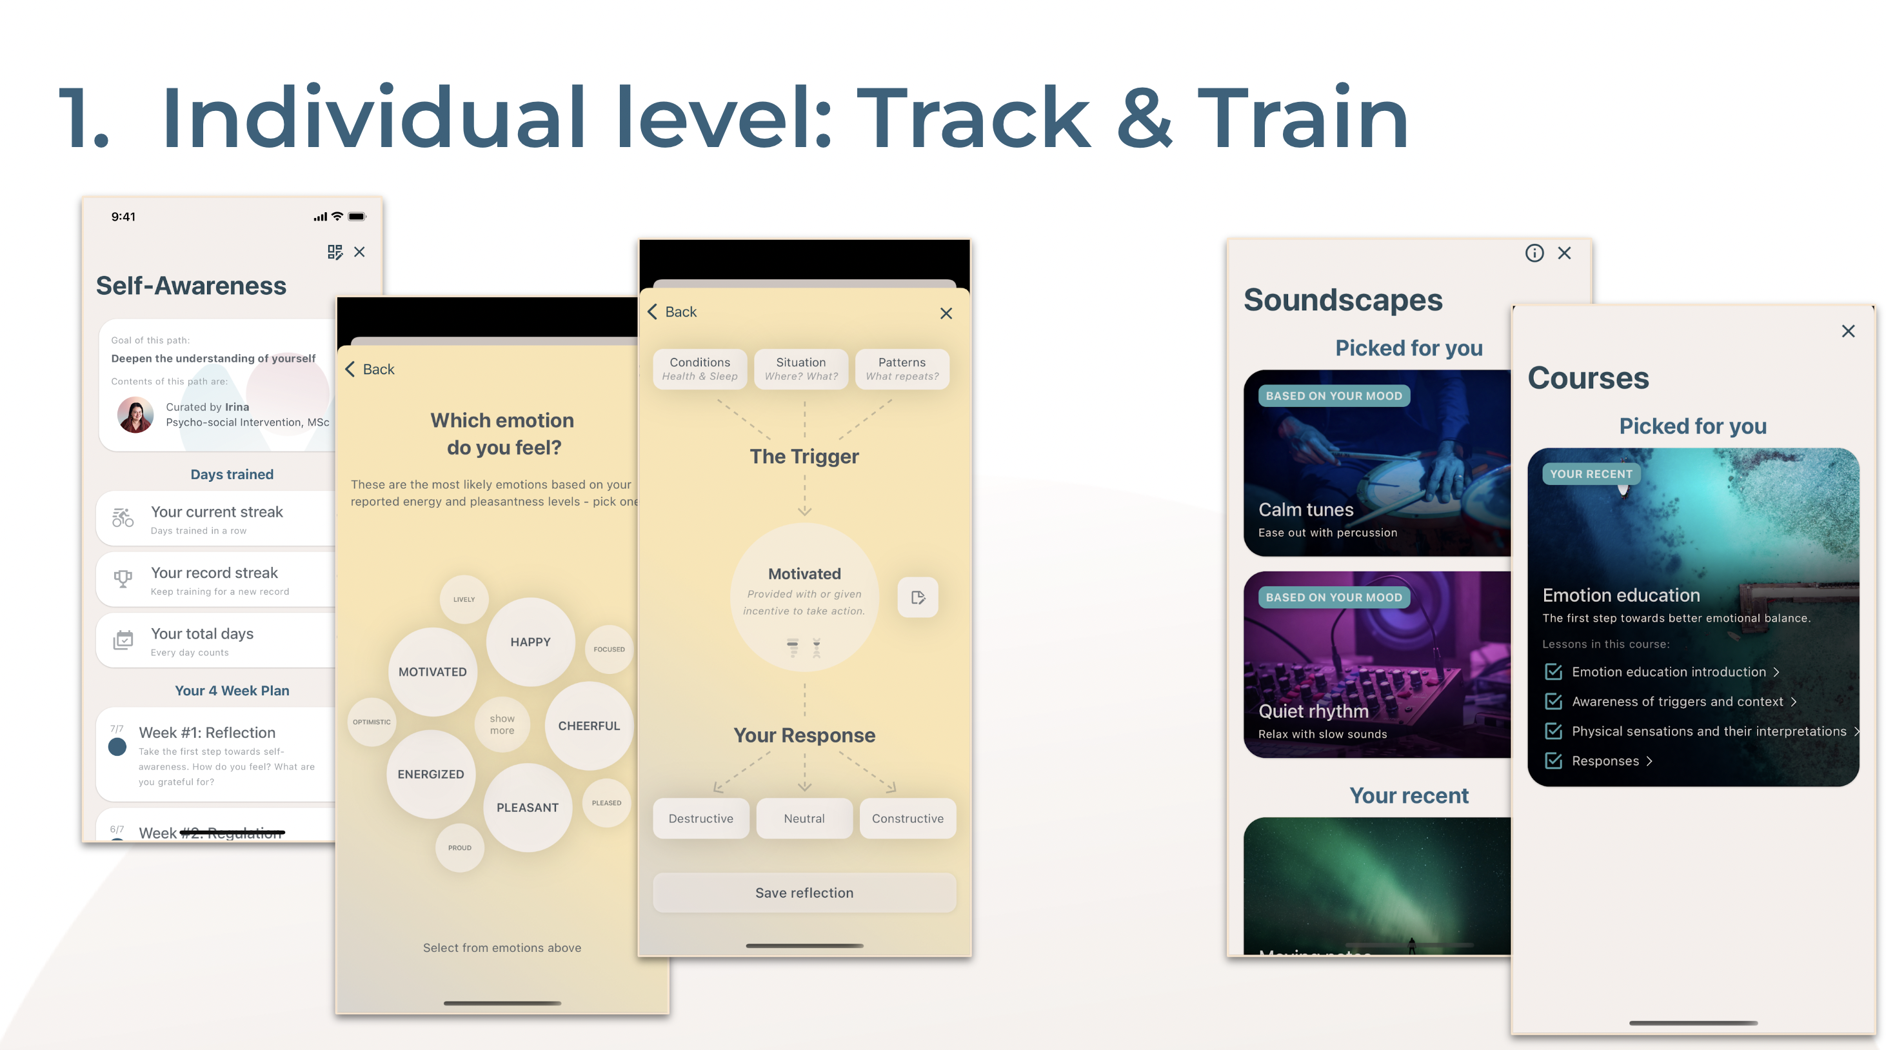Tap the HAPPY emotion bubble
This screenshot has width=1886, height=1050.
click(530, 642)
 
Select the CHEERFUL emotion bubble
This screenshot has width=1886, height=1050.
click(589, 726)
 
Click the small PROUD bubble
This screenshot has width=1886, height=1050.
click(460, 848)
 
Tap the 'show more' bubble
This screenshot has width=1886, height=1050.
click(502, 725)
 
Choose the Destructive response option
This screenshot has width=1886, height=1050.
click(700, 818)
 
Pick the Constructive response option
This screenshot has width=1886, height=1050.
click(907, 818)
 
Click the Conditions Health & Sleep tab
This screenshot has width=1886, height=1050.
click(700, 369)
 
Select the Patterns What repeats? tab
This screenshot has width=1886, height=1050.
click(902, 369)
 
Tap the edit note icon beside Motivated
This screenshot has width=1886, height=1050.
click(918, 597)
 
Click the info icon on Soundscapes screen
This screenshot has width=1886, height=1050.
click(1534, 253)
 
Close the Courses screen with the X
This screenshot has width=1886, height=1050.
click(1848, 331)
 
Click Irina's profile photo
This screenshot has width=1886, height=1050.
click(135, 415)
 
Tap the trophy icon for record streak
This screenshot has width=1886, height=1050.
click(123, 579)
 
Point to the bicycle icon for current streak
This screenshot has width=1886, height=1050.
click(123, 519)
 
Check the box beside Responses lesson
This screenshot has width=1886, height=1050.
click(1553, 761)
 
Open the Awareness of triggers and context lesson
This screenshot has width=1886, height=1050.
click(1677, 702)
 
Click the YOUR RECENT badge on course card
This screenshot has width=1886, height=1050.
click(1591, 474)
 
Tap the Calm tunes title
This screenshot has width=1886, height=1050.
click(1305, 510)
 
